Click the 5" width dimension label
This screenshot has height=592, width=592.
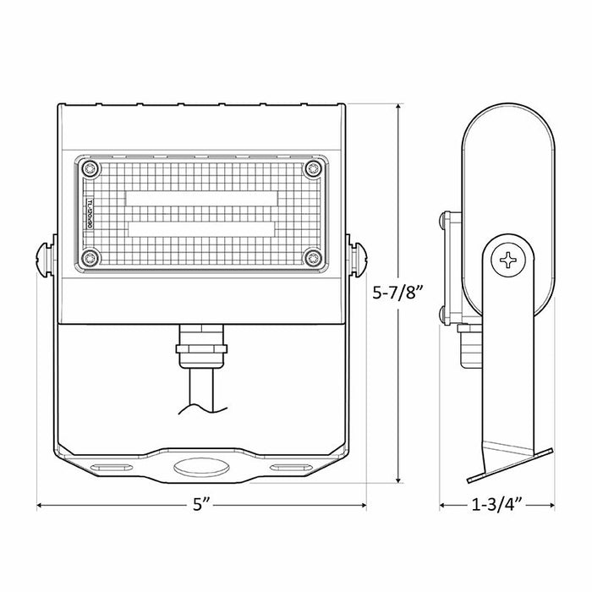[x=200, y=507]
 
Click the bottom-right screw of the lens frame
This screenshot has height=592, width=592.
[x=315, y=258]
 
